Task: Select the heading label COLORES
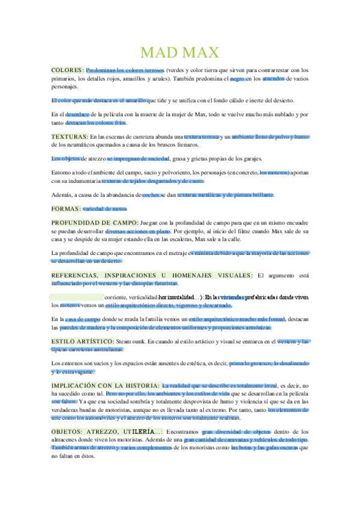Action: [x=67, y=70]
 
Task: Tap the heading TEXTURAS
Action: [x=69, y=137]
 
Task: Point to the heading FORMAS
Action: [x=65, y=209]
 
